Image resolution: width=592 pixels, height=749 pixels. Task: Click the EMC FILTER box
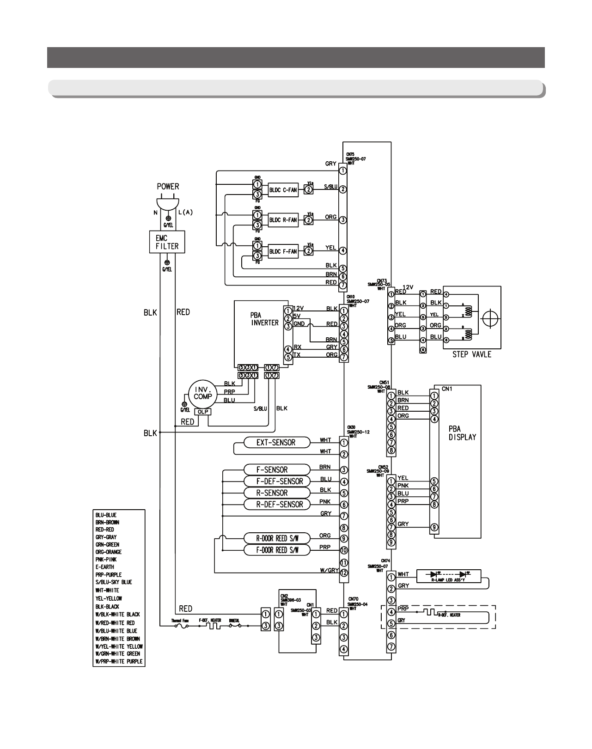pos(167,242)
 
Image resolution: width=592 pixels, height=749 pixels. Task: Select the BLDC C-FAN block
pos(283,189)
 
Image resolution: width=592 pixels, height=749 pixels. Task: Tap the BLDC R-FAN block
pos(283,220)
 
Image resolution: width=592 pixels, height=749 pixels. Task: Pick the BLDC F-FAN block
pos(283,251)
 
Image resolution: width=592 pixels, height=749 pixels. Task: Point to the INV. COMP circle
pos(200,394)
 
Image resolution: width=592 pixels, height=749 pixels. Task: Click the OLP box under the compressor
pos(201,411)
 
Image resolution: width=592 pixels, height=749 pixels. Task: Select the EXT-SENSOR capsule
pos(276,442)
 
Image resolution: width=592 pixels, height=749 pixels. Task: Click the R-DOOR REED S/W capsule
pos(277,538)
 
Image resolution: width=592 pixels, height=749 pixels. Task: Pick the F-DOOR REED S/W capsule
pos(277,550)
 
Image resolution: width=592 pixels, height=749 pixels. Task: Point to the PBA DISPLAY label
pos(462,433)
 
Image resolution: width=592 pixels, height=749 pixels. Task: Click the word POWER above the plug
pos(168,187)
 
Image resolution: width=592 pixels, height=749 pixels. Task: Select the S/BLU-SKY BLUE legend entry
pos(114,582)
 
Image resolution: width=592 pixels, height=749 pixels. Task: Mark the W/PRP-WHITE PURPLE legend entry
pos(119,662)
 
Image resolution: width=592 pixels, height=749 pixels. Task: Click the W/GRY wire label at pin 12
pos(329,571)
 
